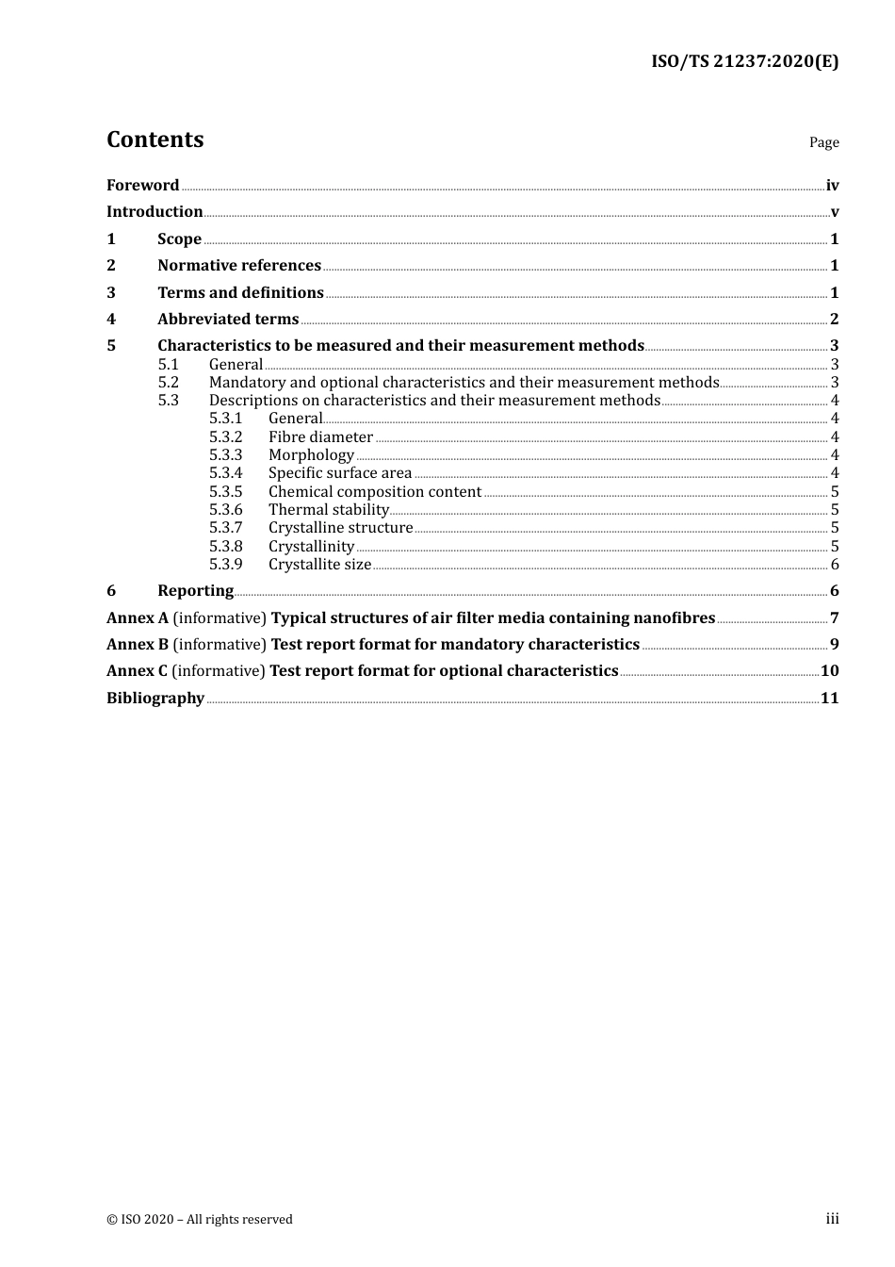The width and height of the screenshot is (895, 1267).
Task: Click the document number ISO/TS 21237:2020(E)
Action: [744, 62]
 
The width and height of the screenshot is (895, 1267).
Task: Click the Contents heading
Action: [155, 140]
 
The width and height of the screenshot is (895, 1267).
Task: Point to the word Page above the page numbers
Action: [823, 142]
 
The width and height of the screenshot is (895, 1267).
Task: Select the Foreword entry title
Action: [142, 186]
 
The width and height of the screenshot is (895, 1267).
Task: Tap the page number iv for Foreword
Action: [832, 186]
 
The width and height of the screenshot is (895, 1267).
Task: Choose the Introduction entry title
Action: [155, 212]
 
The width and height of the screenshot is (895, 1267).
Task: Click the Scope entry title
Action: [179, 239]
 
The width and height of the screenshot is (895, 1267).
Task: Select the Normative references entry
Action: [239, 266]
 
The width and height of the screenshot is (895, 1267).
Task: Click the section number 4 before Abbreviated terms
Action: [111, 320]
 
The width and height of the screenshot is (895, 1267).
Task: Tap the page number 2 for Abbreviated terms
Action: [834, 320]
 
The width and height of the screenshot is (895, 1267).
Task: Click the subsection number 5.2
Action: [168, 383]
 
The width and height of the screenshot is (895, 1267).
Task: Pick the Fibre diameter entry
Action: [320, 437]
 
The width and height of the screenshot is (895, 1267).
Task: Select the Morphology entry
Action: [311, 455]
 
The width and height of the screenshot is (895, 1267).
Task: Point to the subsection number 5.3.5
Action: [225, 492]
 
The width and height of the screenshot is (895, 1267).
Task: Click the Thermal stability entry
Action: [328, 510]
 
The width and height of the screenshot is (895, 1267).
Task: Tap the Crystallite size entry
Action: [319, 565]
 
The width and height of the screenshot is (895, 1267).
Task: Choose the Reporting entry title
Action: [195, 591]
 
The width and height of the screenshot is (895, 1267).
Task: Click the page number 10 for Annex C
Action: [829, 671]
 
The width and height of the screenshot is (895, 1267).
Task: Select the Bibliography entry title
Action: [155, 699]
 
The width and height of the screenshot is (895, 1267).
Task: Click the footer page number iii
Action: [832, 1219]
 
